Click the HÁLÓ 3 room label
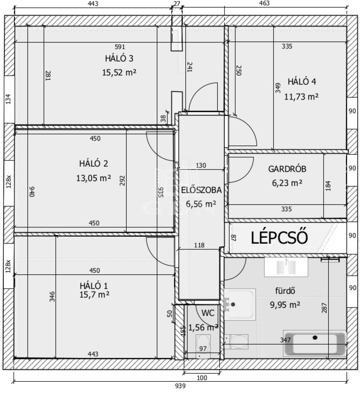[x=119, y=58]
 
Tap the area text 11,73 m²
[x=301, y=96]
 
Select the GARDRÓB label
[x=287, y=169]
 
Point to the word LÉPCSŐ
[x=279, y=237]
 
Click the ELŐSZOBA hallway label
[x=201, y=190]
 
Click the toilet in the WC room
[x=203, y=345]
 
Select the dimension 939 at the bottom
[x=180, y=386]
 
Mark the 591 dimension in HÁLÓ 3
[x=120, y=47]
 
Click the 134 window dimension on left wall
[x=8, y=99]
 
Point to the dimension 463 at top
[x=264, y=3]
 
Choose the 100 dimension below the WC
[x=202, y=378]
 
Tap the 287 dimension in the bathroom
[x=324, y=308]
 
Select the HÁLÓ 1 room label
[x=94, y=286]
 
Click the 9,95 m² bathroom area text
[x=285, y=305]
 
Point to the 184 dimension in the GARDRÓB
[x=328, y=186]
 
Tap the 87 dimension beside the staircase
[x=234, y=237]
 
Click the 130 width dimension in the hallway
[x=201, y=166]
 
